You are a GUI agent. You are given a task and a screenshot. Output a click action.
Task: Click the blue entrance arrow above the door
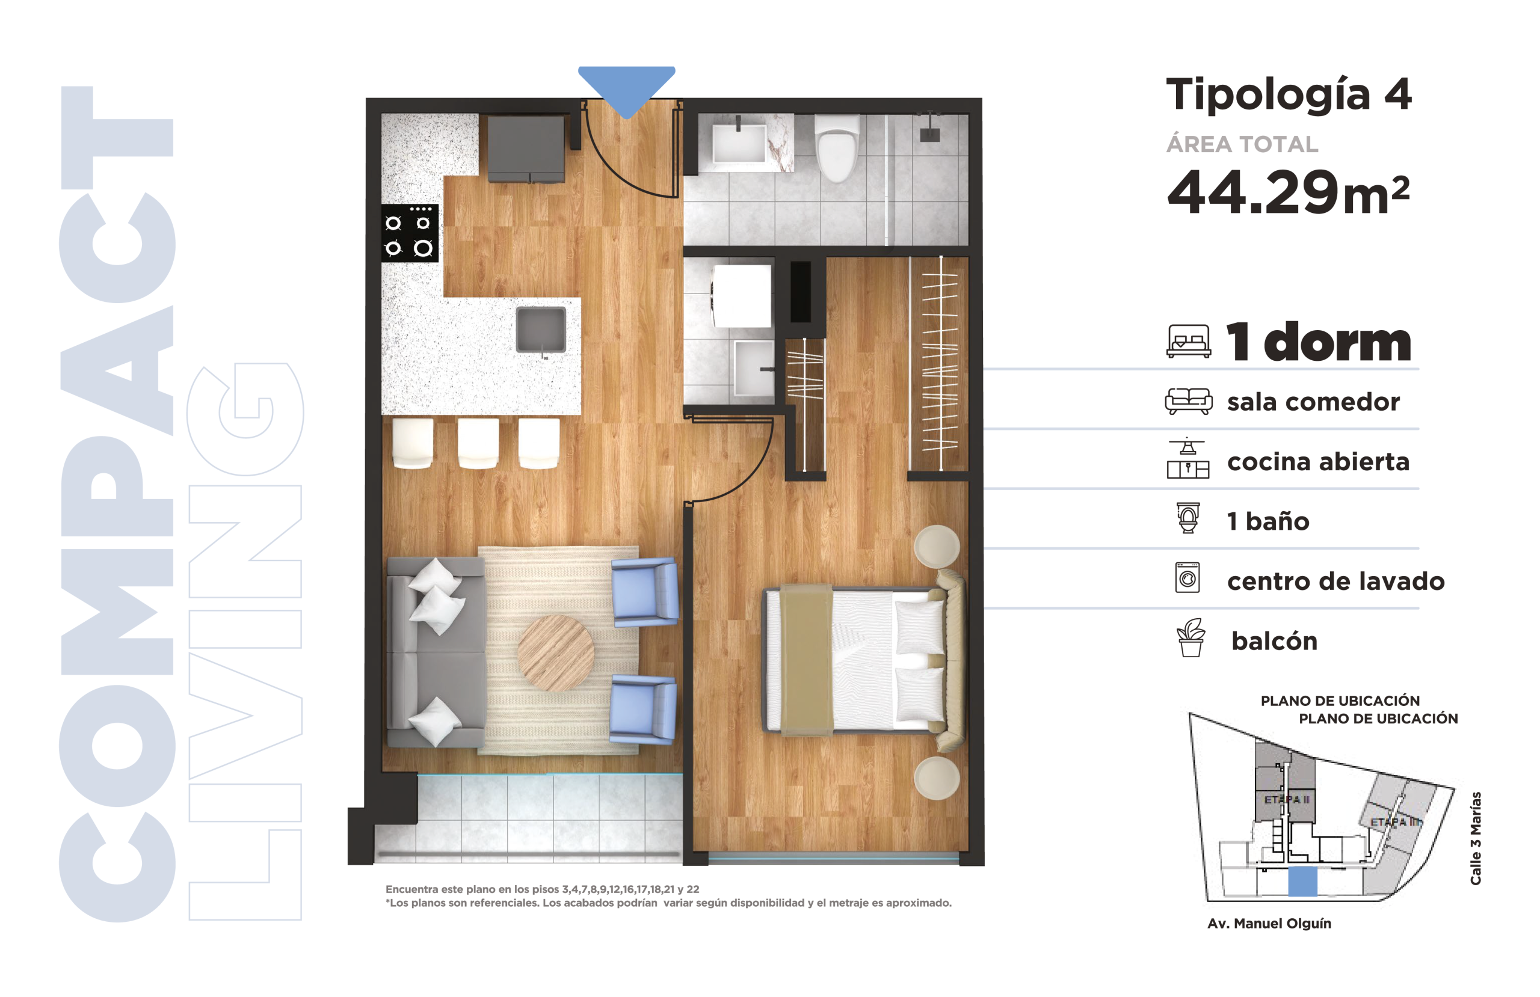click(x=626, y=89)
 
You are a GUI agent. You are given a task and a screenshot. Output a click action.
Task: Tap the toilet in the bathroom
click(x=837, y=148)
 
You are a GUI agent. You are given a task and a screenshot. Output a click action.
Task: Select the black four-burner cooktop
click(x=410, y=233)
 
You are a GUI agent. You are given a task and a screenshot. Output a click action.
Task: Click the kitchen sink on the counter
click(x=541, y=330)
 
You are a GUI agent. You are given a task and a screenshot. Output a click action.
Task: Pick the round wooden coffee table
click(x=555, y=653)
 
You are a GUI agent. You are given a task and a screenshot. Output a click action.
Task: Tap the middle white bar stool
click(x=478, y=443)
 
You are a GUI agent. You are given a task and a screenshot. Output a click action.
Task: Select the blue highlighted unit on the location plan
click(x=1302, y=881)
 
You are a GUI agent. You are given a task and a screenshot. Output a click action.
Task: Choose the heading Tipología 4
click(x=1289, y=94)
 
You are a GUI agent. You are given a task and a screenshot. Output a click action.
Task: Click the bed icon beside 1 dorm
click(x=1189, y=341)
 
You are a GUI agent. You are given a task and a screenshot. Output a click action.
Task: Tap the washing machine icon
click(x=1187, y=578)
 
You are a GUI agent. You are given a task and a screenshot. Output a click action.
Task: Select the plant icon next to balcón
click(x=1190, y=637)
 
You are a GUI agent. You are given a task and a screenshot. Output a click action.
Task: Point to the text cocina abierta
click(x=1318, y=461)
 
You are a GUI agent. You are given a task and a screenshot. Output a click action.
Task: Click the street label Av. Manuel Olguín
click(x=1269, y=924)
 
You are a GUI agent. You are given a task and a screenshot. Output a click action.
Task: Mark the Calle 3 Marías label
click(x=1475, y=838)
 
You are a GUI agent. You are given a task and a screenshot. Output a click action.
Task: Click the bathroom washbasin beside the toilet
click(x=739, y=143)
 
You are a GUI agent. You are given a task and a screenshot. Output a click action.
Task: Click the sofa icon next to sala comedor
click(x=1189, y=401)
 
